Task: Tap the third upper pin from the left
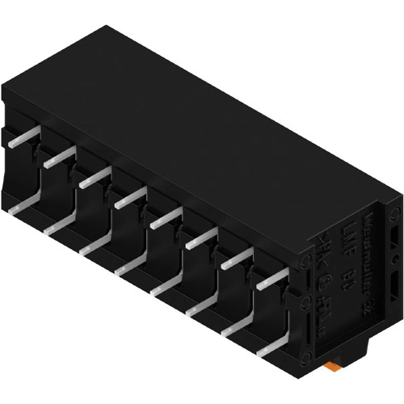95,177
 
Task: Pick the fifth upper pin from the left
165,217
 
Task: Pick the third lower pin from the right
202,307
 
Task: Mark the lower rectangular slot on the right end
392,288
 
